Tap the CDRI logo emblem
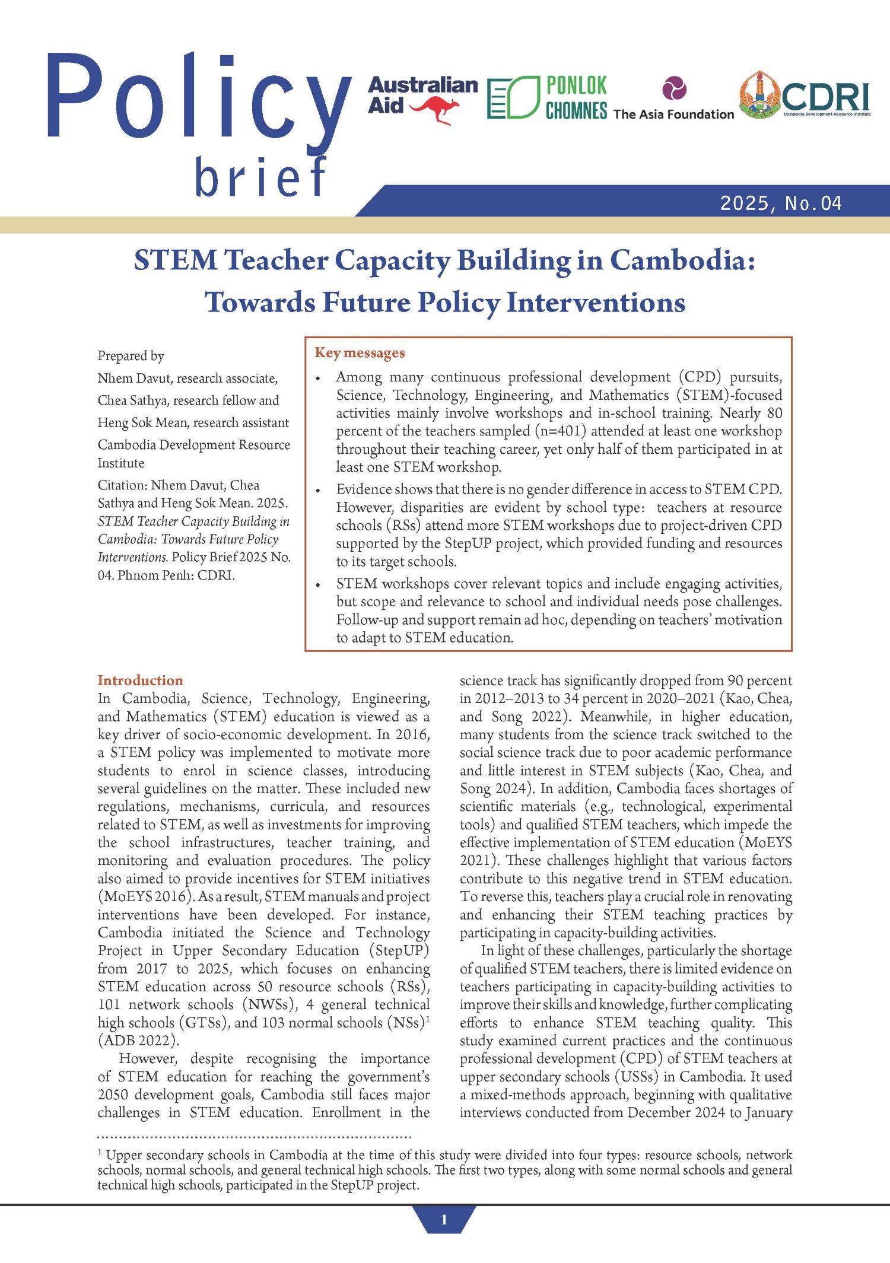[759, 97]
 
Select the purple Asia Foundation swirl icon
[675, 89]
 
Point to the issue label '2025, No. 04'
[781, 203]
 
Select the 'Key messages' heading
[360, 353]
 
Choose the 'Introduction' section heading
[140, 680]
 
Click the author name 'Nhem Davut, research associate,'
[187, 378]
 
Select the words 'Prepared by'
[131, 356]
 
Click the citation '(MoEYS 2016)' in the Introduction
[142, 896]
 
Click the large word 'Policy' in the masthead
[196, 98]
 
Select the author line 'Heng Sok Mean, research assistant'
[193, 423]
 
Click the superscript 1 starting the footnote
[100, 1152]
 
